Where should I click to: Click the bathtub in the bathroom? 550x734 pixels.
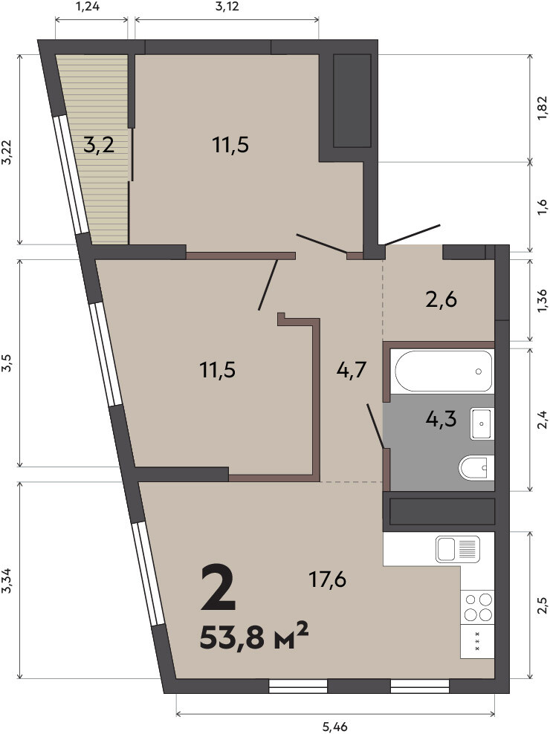[x=443, y=371]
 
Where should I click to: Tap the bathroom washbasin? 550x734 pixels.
[x=482, y=423]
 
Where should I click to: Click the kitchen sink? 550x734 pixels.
[x=458, y=549]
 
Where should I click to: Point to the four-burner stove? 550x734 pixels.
[x=477, y=606]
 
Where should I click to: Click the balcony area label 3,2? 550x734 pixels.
[x=99, y=145]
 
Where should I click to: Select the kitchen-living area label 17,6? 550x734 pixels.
[x=327, y=579]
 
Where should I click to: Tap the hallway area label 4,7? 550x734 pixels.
[x=352, y=370]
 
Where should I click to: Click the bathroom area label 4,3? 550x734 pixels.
[x=441, y=418]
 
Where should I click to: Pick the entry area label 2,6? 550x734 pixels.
[x=441, y=299]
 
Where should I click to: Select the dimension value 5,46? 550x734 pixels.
[x=335, y=727]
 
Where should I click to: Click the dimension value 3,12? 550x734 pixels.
[x=227, y=7]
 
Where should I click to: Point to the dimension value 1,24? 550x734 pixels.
[x=87, y=7]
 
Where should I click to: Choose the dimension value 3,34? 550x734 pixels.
[x=6, y=580]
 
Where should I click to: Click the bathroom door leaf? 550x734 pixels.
[x=376, y=426]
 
